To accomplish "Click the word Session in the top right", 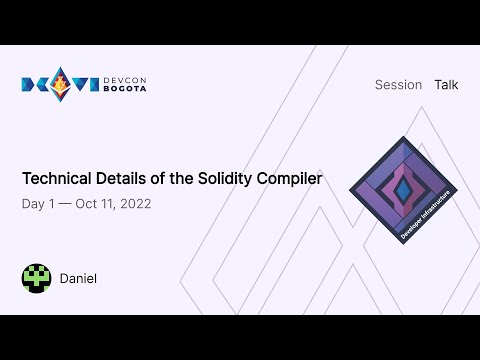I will coord(398,85).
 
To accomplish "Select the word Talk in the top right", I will coord(446,85).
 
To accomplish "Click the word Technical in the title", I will coord(56,179).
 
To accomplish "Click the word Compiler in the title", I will coord(290,179).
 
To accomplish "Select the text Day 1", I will coord(39,203).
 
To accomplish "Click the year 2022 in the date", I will coord(133,203).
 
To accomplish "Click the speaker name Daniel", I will coord(78,278).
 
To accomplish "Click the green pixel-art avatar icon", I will coord(36,278).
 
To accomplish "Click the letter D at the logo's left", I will coord(30,84).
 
